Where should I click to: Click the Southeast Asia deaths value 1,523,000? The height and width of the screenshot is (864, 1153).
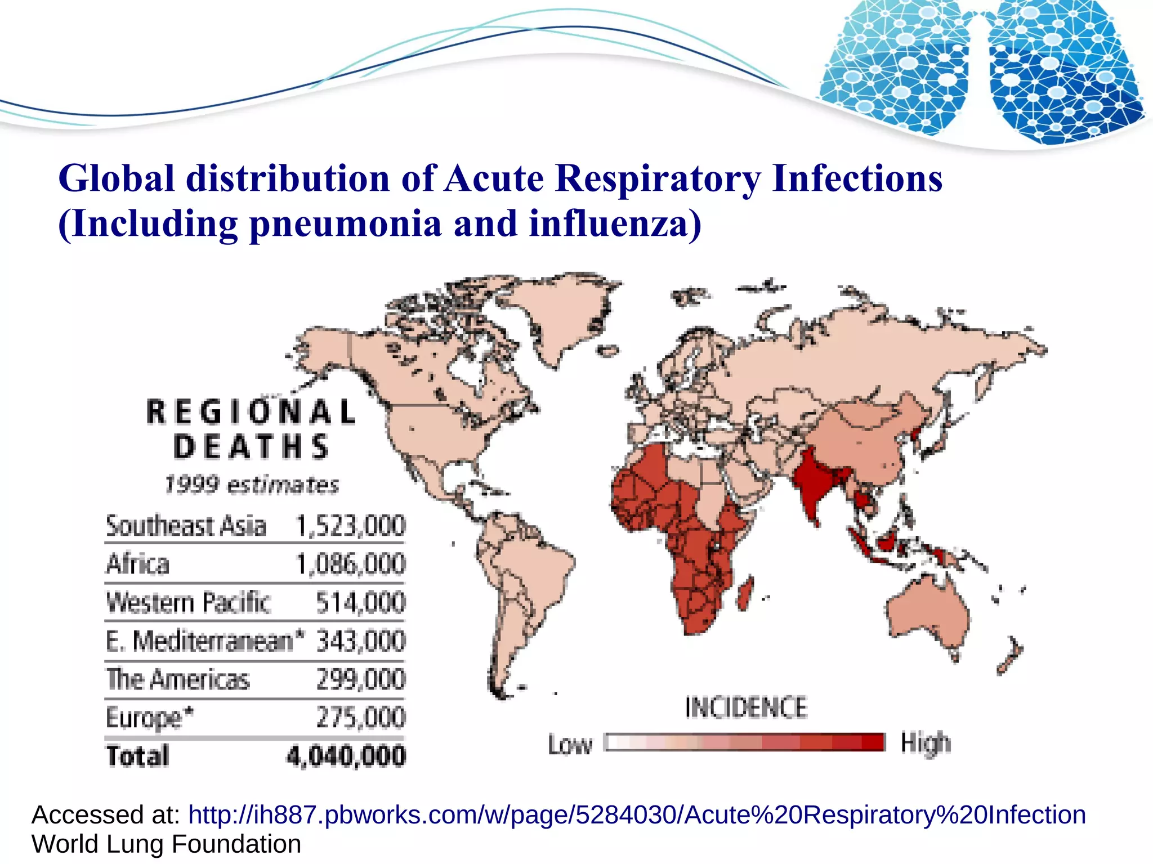pos(350,526)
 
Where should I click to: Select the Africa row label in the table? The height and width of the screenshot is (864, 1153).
pos(138,564)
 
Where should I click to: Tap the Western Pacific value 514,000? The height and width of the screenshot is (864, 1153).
pos(360,602)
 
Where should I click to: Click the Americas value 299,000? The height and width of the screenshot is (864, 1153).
pos(360,679)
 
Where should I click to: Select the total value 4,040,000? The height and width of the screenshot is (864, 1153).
pos(346,756)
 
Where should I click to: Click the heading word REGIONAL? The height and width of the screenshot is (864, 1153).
pos(251,411)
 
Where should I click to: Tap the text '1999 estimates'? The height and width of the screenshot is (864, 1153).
pos(251,485)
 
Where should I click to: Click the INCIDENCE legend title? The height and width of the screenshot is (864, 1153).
pos(746,708)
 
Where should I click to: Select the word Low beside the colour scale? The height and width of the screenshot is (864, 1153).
pos(570,744)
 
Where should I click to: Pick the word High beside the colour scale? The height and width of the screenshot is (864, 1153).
pos(926,743)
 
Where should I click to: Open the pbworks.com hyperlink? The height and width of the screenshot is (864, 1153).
pos(637,814)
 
